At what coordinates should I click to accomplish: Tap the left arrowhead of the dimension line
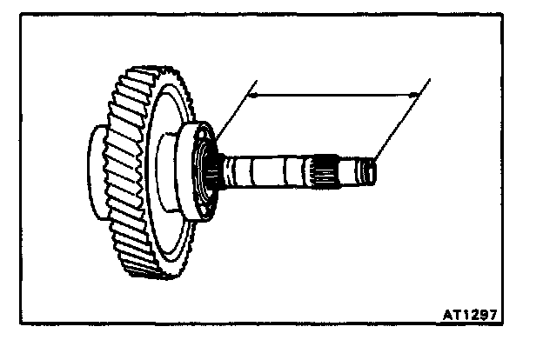coord(252,97)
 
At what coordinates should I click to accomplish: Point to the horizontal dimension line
coord(331,97)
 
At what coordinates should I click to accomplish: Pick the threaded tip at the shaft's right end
coord(371,170)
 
